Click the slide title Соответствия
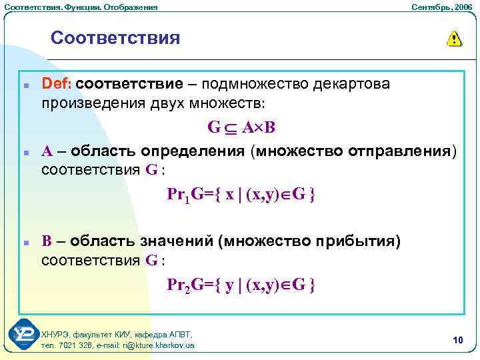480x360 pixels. point(115,37)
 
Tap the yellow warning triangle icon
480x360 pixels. point(454,39)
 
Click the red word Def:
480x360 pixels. point(57,85)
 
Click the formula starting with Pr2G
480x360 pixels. point(241,285)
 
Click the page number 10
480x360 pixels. point(457,341)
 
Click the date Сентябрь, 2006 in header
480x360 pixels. point(441,7)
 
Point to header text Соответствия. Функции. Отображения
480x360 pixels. point(80,7)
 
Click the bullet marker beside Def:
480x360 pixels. point(24,86)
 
